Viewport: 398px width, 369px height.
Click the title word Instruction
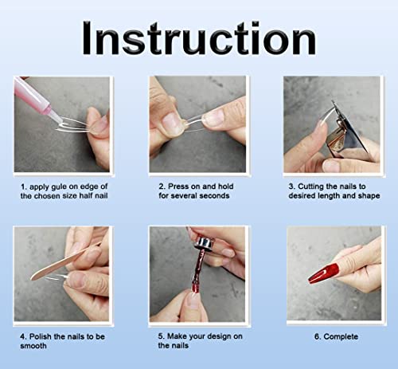199,38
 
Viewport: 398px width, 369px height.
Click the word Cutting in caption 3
310,186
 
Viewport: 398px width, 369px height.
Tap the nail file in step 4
65,261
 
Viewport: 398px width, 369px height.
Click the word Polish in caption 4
41,336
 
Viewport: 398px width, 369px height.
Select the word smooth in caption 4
33,346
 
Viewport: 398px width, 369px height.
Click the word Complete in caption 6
341,337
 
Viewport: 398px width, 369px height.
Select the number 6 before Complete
318,337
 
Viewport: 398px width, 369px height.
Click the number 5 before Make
161,336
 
